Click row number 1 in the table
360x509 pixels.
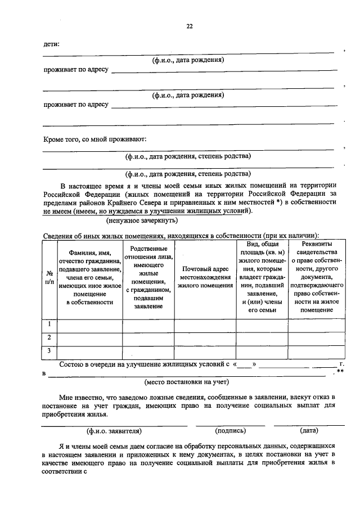(x=49, y=324)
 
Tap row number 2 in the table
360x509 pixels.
(x=49, y=337)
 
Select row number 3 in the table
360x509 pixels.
(x=49, y=351)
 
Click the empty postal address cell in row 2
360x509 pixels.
(x=205, y=338)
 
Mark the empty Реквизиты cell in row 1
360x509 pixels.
(x=316, y=325)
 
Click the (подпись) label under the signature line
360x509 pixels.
(x=231, y=431)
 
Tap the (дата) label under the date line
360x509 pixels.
(x=309, y=431)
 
